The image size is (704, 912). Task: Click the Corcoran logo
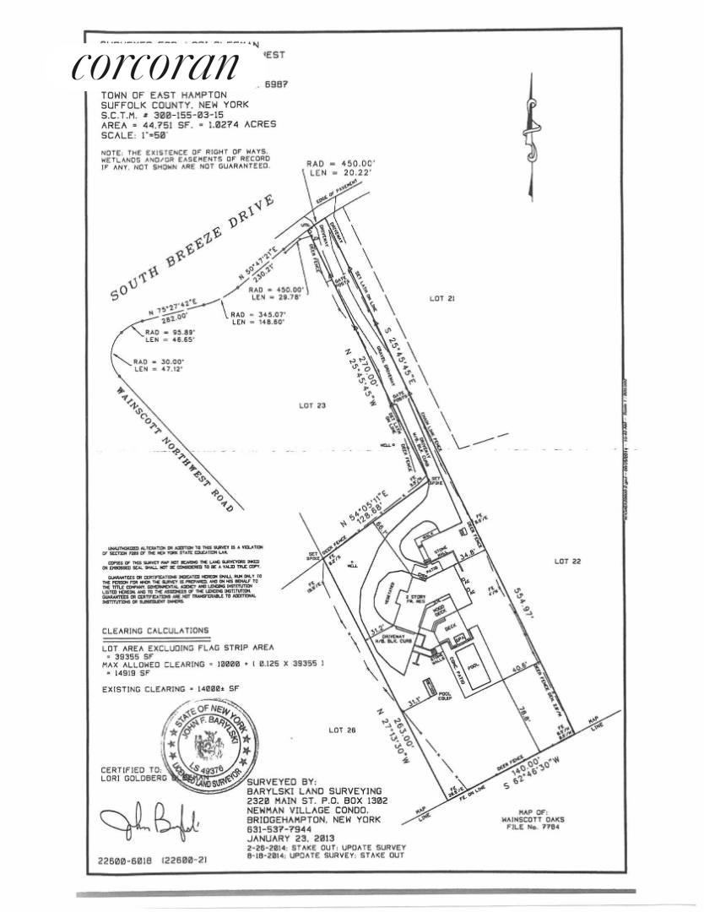tap(157, 66)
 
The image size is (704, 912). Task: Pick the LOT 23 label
tap(311, 405)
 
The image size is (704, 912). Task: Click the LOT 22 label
tap(569, 561)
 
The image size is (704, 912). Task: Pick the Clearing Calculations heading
tap(154, 630)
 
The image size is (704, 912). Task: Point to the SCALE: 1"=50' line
tap(135, 135)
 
